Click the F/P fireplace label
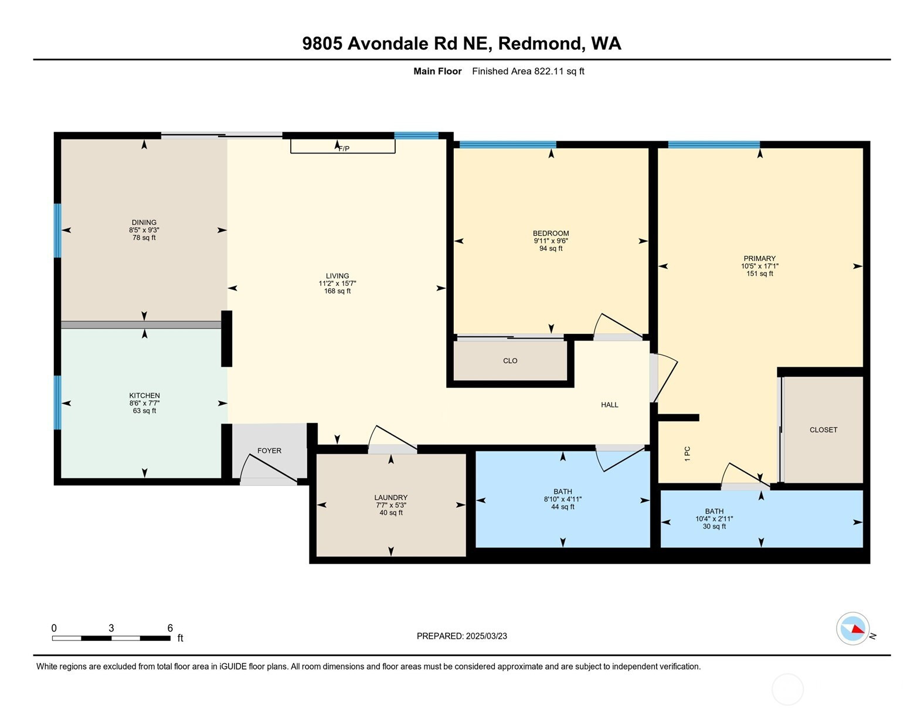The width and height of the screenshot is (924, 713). tap(344, 149)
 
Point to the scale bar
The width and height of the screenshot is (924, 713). tap(111, 638)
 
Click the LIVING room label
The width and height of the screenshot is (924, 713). tap(338, 276)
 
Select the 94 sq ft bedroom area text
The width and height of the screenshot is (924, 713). tap(551, 248)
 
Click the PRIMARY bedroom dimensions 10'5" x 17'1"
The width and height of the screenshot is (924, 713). tap(759, 267)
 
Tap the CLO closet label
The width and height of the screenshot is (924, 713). tap(510, 361)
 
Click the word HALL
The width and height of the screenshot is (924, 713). tap(609, 405)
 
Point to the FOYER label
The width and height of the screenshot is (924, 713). tap(269, 451)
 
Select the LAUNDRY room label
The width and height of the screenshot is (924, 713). tap(391, 497)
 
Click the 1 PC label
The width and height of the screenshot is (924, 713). tap(687, 454)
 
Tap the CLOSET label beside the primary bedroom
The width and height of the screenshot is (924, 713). tap(823, 430)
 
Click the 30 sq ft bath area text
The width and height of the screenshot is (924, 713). tap(714, 527)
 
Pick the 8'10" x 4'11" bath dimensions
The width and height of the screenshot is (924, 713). tap(563, 499)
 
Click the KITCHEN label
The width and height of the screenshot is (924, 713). tap(145, 395)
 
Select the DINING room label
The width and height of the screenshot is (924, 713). tap(144, 222)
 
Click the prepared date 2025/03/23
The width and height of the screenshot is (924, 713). tap(487, 636)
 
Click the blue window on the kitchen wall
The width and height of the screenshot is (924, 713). tap(57, 402)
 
